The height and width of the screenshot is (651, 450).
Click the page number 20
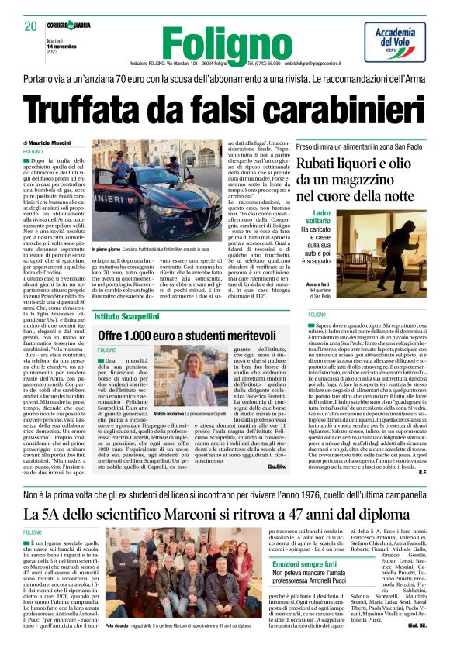coord(31,26)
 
